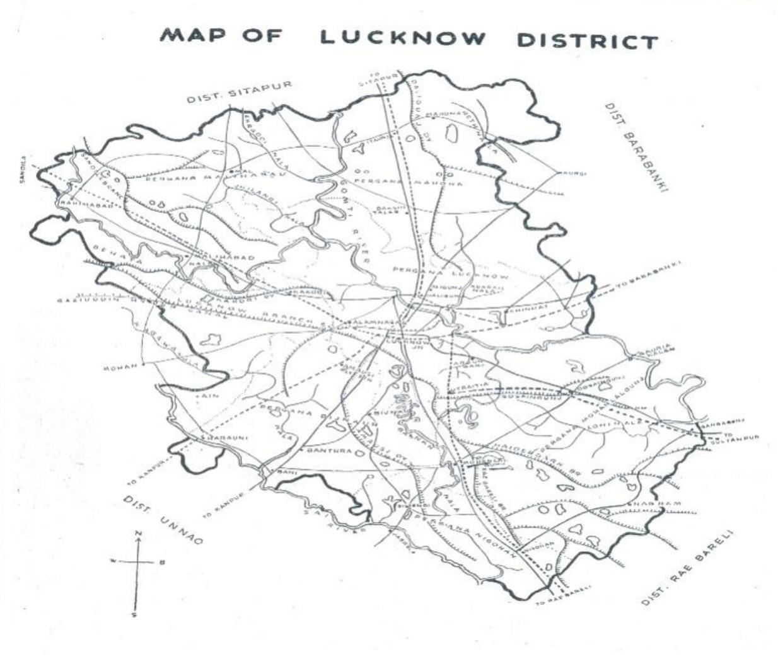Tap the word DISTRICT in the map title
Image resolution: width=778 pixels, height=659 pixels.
click(x=587, y=41)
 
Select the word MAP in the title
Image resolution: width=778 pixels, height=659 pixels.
click(x=193, y=34)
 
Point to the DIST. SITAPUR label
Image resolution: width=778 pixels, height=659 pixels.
click(x=240, y=93)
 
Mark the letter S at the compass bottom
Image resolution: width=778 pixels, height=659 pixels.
click(x=134, y=614)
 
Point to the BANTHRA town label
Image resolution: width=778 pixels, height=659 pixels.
click(x=324, y=451)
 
